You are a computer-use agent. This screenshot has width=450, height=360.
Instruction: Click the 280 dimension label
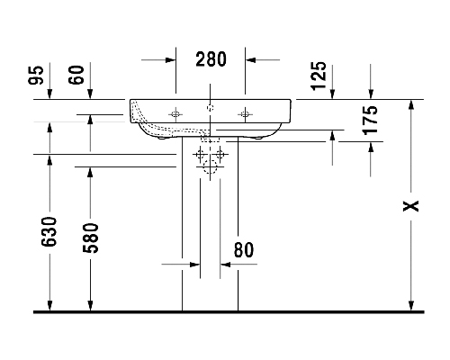point(211,59)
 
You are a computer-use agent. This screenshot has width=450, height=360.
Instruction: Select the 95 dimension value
point(36,75)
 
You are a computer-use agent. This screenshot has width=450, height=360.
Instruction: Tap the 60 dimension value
point(76,75)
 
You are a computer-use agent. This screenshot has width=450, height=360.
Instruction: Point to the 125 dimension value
point(319,76)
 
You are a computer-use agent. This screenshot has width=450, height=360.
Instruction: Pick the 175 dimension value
point(370,120)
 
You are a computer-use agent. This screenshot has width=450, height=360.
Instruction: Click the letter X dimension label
point(410,206)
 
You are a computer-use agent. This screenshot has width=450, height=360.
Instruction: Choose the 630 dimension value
point(49,232)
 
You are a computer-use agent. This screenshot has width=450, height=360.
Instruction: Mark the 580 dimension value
point(91,238)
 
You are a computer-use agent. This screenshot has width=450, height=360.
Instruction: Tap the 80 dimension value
point(244,250)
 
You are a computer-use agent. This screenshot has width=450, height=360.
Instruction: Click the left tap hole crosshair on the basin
point(175,114)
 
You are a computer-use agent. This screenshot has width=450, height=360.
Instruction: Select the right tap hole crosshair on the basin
point(245,114)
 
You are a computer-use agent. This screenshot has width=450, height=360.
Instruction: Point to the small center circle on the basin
point(211,107)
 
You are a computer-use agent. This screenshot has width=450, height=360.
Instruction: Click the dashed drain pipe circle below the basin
point(211,166)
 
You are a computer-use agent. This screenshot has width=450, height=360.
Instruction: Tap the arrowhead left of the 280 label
point(170,60)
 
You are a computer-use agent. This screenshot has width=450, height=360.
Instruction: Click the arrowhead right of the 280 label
point(250,60)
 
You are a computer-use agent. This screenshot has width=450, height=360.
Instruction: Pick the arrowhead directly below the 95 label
point(49,94)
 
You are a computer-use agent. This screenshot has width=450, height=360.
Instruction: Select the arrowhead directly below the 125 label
point(332,94)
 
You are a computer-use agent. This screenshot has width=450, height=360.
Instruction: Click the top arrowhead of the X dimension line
point(411,104)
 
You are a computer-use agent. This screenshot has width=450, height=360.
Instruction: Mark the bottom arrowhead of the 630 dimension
point(49,306)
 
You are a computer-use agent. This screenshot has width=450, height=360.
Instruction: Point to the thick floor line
point(229,312)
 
